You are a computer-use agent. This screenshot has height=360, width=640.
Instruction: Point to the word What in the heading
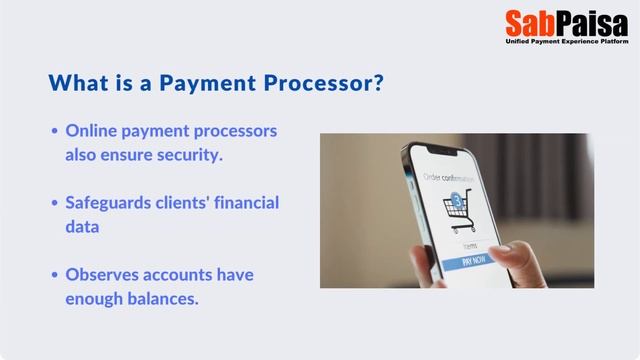coord(78,82)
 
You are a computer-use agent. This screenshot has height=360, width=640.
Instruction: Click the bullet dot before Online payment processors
coord(54,132)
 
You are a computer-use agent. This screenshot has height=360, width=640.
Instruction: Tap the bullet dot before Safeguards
coord(54,204)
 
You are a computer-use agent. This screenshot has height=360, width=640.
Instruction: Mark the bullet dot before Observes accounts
coord(54,275)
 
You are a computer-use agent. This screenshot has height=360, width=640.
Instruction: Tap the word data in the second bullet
coord(83,227)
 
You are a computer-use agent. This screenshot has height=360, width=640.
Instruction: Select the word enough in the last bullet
coord(96,298)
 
